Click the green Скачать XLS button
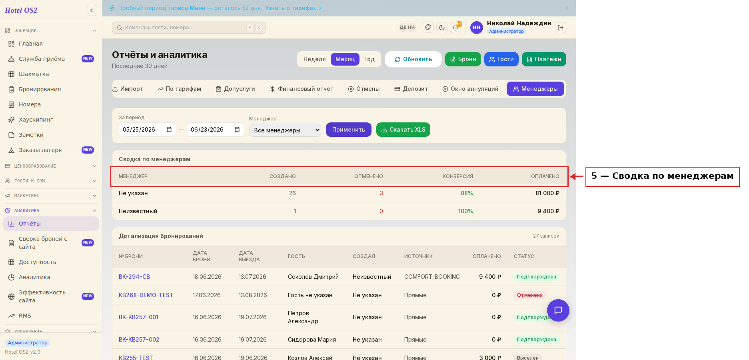(403, 130)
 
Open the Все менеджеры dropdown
(285, 130)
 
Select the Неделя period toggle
(314, 59)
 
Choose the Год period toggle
(369, 59)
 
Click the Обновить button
(413, 59)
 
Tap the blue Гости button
(501, 59)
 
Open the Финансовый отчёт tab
(302, 89)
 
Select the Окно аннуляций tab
(470, 89)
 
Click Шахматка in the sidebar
(34, 74)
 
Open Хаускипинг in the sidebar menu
(36, 120)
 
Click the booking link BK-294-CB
(134, 277)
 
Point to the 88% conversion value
(467, 193)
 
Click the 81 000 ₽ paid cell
(547, 193)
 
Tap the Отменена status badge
(529, 295)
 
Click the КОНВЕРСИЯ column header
(457, 176)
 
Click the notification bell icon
(455, 28)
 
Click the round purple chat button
(558, 310)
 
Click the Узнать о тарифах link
(290, 8)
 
